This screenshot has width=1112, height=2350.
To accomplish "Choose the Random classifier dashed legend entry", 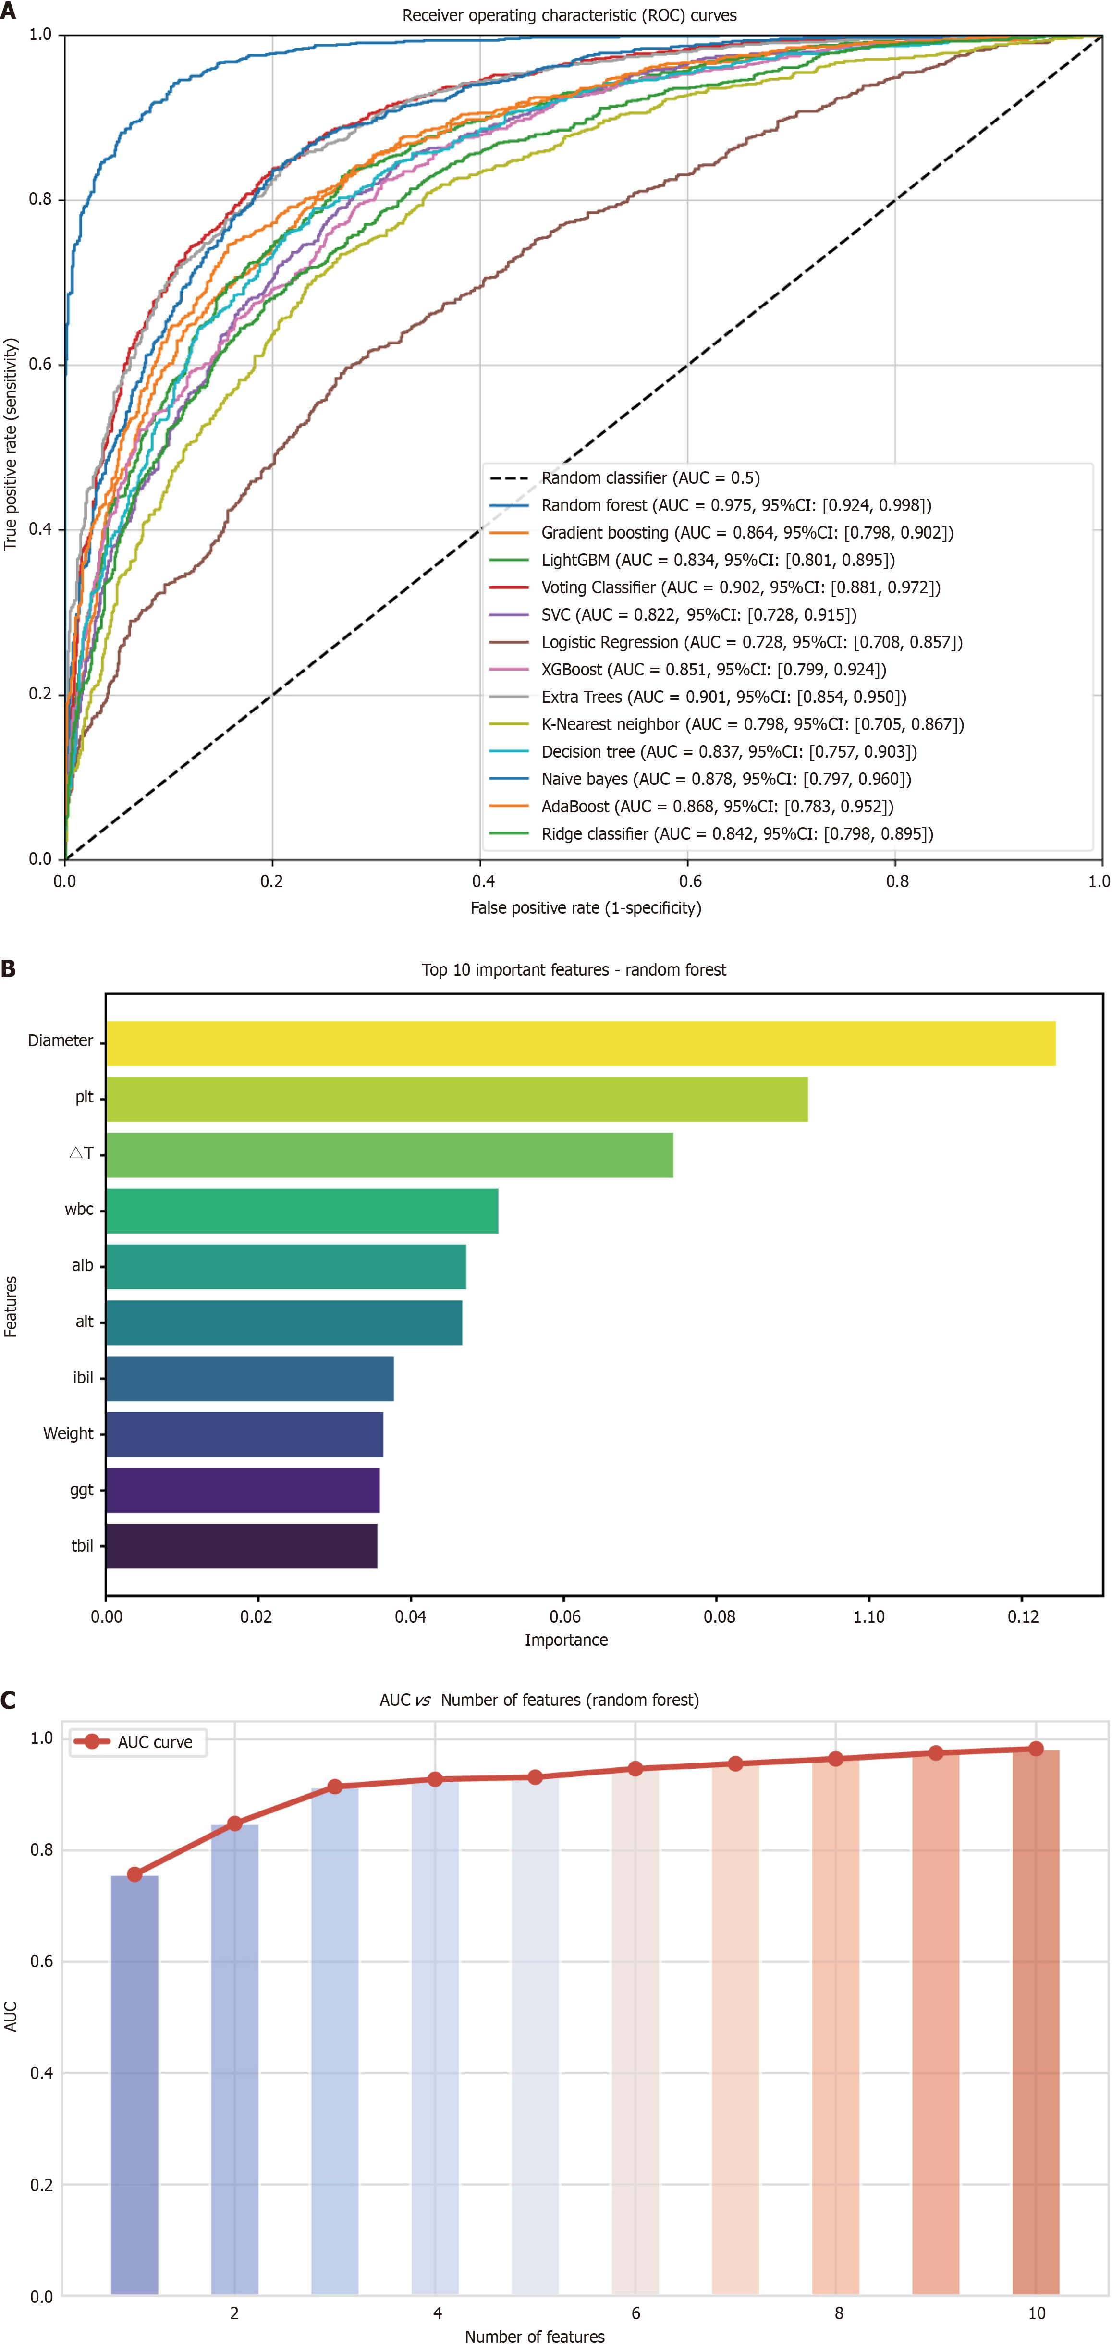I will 649,478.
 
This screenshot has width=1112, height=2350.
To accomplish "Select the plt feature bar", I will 456,1099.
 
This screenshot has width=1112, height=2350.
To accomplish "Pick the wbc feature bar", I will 302,1211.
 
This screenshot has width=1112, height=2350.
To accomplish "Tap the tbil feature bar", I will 242,1546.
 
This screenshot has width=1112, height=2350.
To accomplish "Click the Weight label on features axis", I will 68,1433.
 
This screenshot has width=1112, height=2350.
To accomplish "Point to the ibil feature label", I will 83,1378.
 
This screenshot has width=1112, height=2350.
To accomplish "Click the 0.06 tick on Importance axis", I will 565,1616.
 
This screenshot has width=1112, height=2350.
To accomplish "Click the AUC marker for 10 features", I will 1035,1749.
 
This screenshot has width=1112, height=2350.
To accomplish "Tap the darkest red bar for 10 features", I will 1035,2025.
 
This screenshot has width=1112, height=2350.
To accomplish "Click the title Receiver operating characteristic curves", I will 569,15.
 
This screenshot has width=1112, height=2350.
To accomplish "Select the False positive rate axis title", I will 586,908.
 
